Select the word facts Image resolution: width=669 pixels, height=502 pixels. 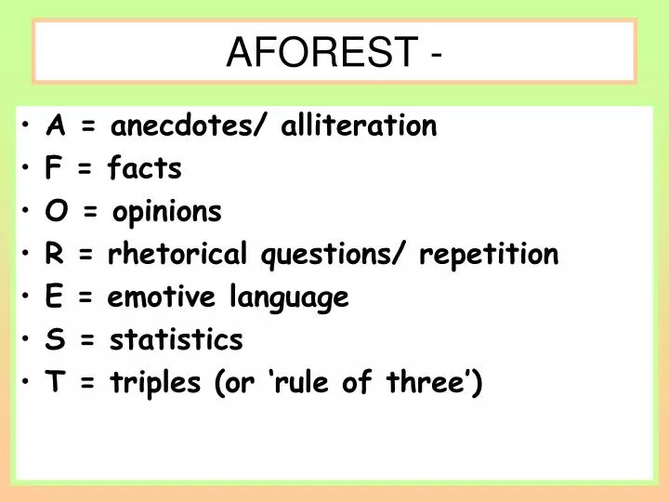145,169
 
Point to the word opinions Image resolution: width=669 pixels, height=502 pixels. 167,213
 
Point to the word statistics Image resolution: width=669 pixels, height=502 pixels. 177,340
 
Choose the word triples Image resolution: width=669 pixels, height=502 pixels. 157,384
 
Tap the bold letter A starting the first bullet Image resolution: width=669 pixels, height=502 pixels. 56,126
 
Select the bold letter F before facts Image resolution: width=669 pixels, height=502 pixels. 54,169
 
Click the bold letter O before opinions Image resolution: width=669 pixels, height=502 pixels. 55,212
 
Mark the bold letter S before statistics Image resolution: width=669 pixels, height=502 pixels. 55,340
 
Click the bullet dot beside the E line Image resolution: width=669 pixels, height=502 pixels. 32,298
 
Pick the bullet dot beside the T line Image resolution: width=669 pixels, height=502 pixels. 32,383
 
